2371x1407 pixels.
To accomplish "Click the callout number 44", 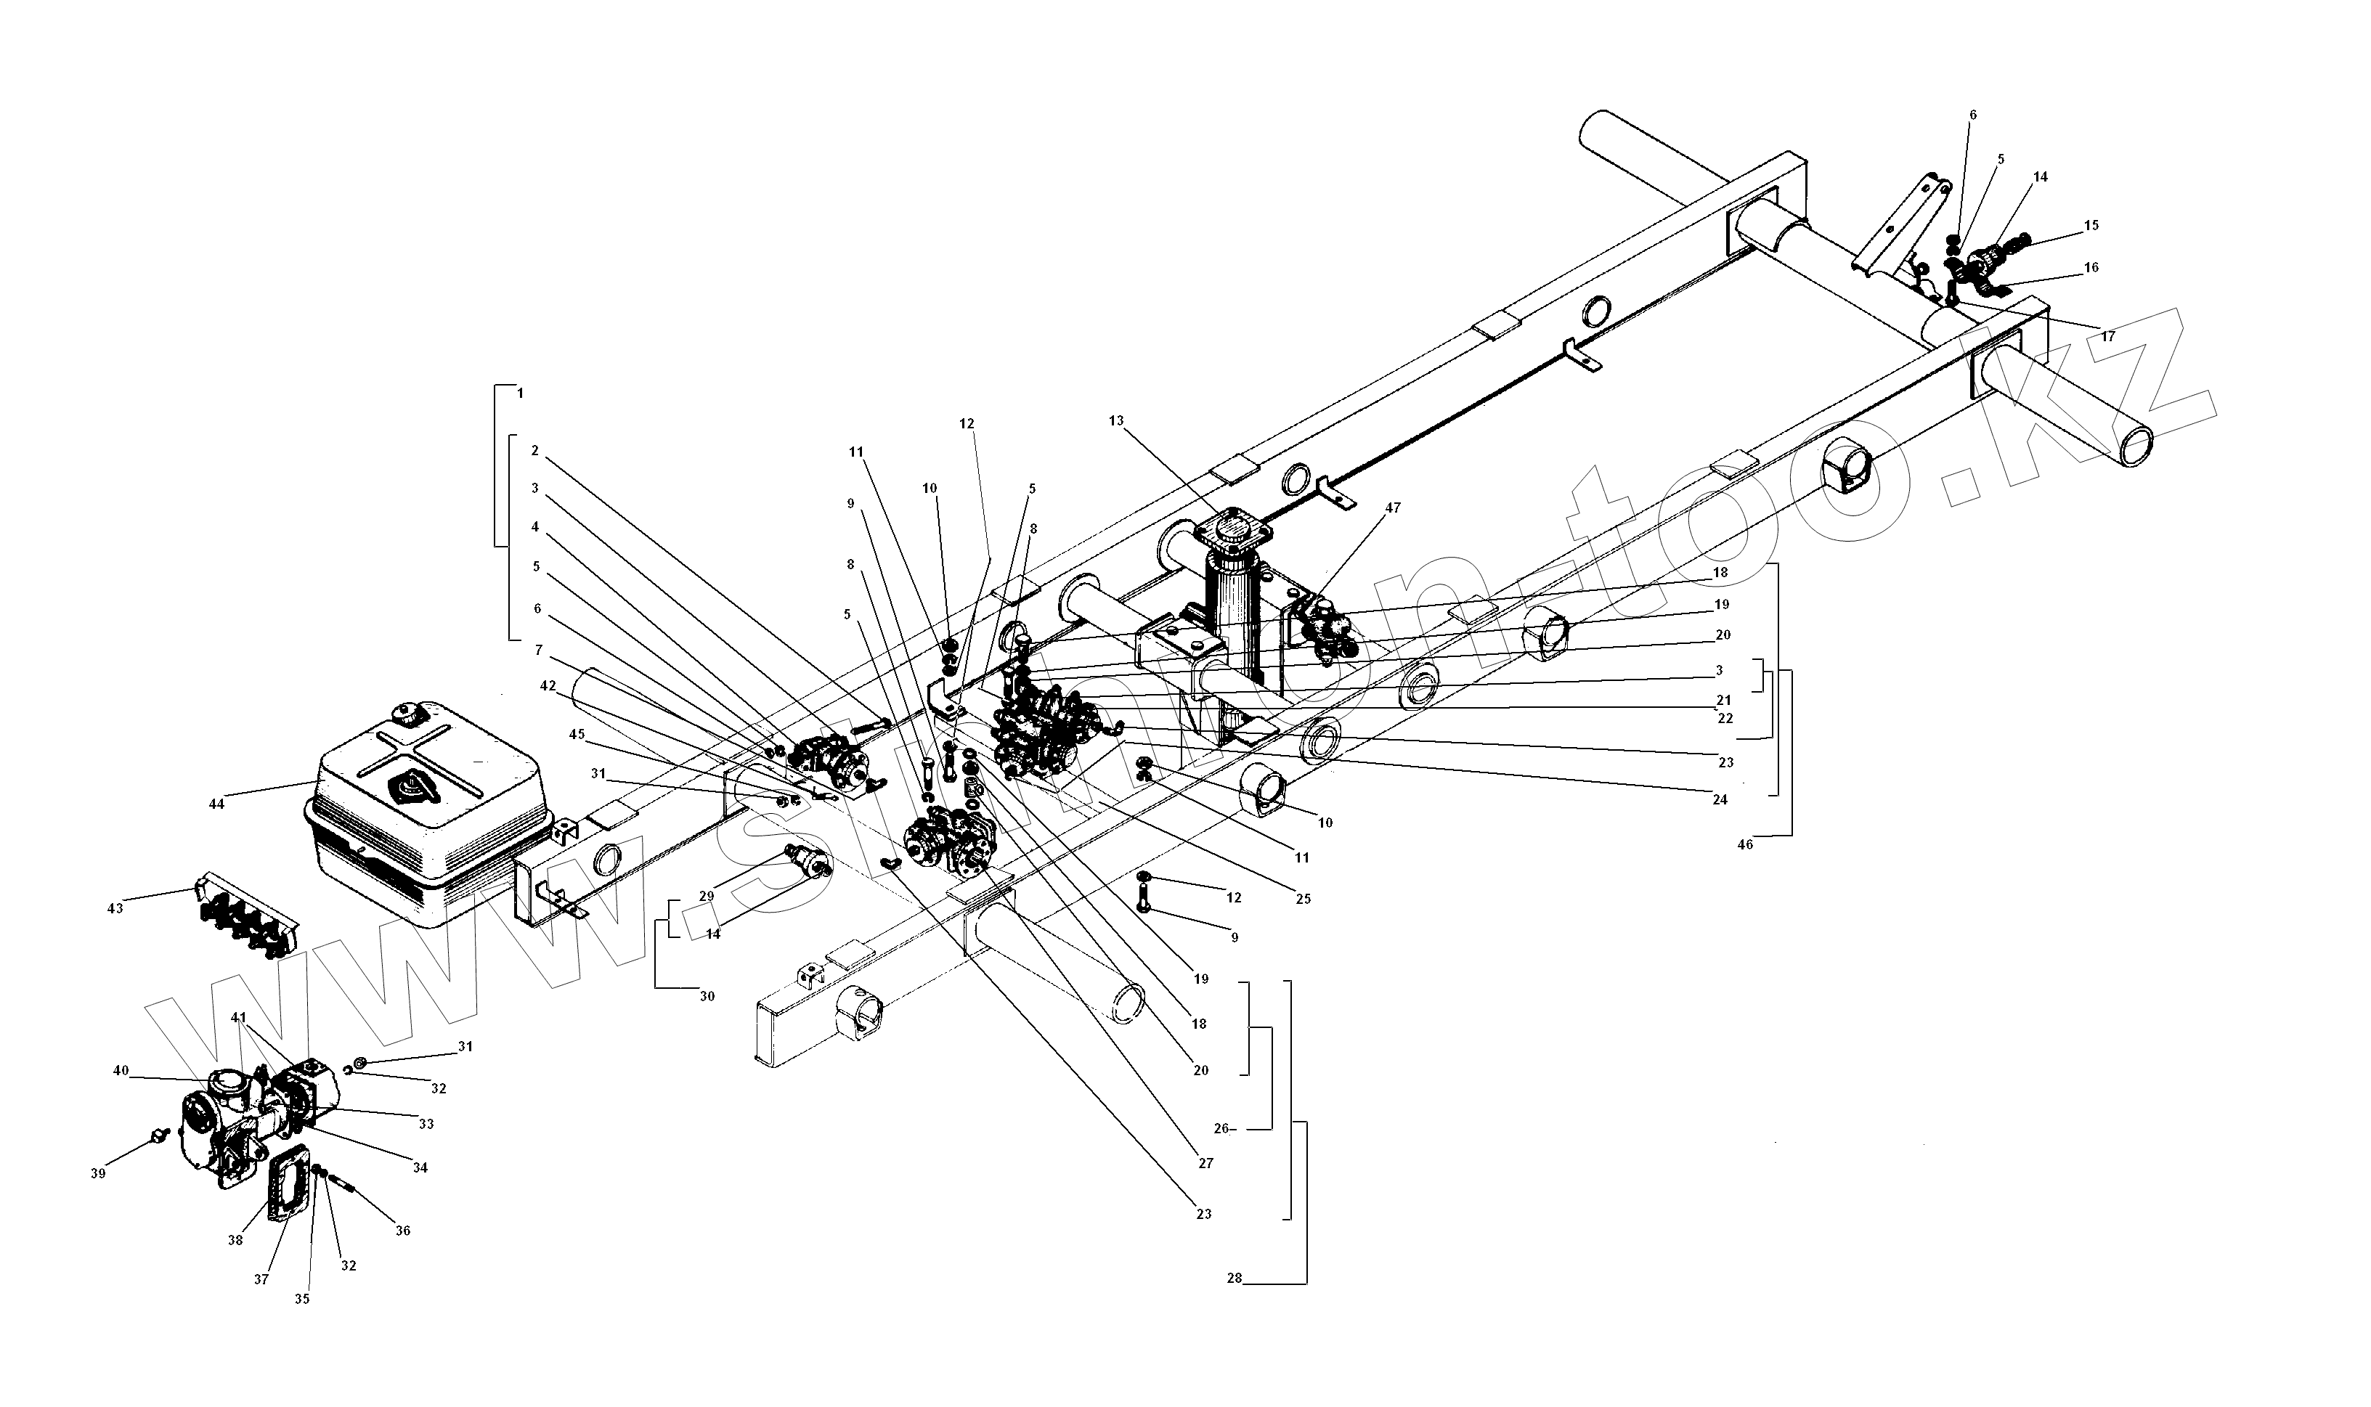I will coord(216,804).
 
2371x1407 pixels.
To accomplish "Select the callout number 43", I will coord(115,908).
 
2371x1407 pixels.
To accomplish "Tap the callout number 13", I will coord(1115,420).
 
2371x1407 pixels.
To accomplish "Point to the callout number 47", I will coord(1392,508).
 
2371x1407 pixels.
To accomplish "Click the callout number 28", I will coord(1234,1278).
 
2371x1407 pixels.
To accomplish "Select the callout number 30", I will coord(707,997).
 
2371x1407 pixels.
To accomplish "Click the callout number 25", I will coord(1303,899).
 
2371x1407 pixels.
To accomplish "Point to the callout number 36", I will coord(403,1231).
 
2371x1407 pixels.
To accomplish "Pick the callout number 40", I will coord(121,1070).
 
